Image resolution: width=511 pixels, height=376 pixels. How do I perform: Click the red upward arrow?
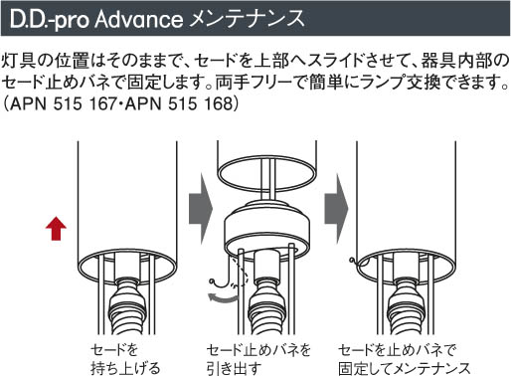point(56,228)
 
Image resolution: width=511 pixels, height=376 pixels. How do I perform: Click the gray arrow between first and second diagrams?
point(200,209)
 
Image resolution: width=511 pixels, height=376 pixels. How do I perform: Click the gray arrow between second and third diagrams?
point(336,209)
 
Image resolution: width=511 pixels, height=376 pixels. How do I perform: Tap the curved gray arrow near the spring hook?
point(222,297)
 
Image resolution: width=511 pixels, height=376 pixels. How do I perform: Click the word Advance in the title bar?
point(138,19)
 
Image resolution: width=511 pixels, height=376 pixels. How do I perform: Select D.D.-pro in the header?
point(50,20)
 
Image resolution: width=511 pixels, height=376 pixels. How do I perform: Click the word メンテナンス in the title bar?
point(247,19)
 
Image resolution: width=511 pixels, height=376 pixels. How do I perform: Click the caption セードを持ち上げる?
point(125,359)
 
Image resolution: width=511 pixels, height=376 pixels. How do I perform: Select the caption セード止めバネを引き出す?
point(258,359)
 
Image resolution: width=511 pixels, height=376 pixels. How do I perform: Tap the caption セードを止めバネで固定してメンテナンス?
point(405,359)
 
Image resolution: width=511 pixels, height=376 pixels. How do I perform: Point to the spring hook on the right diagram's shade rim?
point(356,262)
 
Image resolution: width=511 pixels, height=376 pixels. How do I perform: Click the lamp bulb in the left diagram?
point(127,306)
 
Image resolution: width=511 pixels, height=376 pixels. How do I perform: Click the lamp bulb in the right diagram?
point(406,306)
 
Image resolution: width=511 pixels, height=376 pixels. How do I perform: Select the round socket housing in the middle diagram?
point(267,230)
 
